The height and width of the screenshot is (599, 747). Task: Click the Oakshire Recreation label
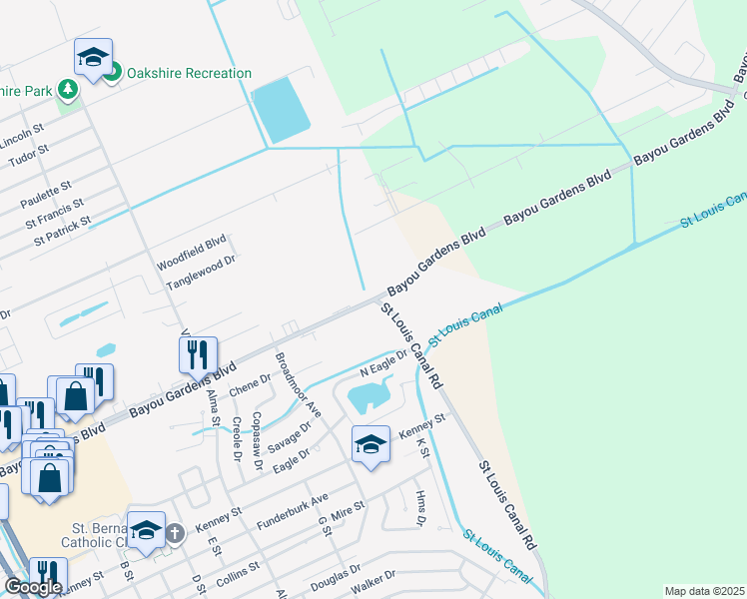[x=188, y=73]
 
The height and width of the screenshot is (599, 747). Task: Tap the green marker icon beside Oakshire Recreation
[x=113, y=72]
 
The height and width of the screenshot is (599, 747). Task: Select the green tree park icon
[x=68, y=90]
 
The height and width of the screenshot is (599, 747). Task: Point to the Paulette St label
[x=46, y=187]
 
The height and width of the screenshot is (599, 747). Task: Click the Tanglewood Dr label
[x=200, y=274]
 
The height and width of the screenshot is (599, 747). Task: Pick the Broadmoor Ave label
[x=297, y=384]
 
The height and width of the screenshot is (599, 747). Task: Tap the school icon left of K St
[x=371, y=443]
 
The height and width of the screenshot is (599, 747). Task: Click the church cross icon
[x=176, y=532]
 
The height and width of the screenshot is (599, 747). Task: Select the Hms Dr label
[x=420, y=508]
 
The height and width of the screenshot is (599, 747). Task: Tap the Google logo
[x=33, y=586]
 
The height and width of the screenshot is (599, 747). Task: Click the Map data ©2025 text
[x=704, y=591]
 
